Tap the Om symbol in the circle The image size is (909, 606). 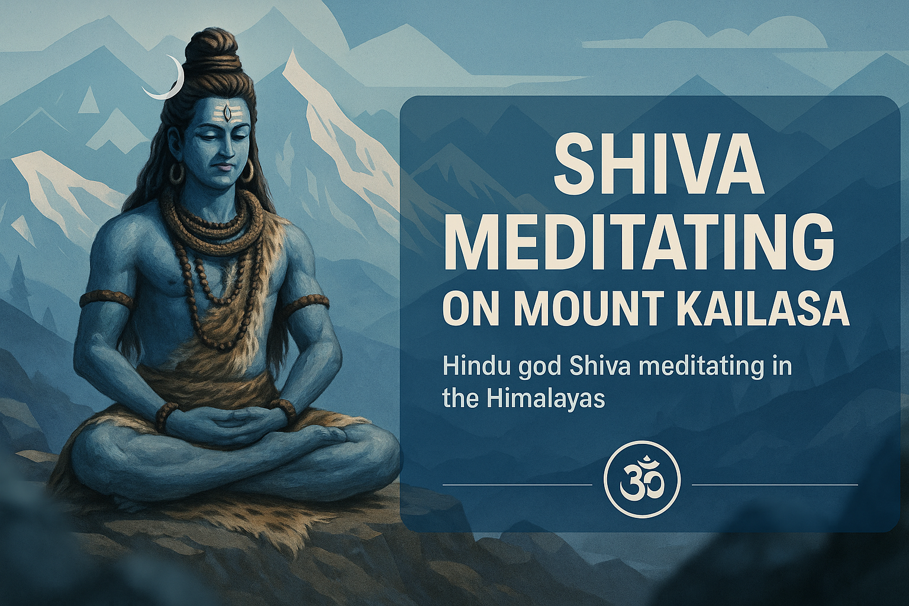(x=642, y=484)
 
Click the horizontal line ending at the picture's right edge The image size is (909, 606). (x=774, y=485)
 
